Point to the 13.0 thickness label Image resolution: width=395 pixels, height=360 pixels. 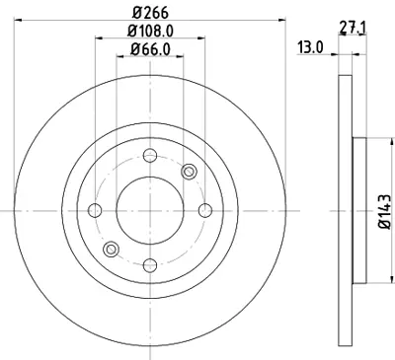(312, 46)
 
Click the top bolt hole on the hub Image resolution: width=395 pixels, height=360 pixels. (150, 156)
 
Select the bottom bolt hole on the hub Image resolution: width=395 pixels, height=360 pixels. (150, 263)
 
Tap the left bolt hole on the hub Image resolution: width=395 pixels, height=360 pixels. (97, 209)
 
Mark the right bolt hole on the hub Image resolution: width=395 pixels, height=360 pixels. (204, 209)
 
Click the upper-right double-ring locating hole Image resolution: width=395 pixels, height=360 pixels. (189, 172)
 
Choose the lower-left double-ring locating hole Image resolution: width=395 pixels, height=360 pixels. (112, 248)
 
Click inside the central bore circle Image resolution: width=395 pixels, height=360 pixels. (150, 209)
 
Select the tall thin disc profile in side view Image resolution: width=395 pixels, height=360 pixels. (345, 209)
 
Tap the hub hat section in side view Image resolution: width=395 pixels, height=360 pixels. (359, 209)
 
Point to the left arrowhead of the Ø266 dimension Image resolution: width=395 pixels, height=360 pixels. (22, 21)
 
